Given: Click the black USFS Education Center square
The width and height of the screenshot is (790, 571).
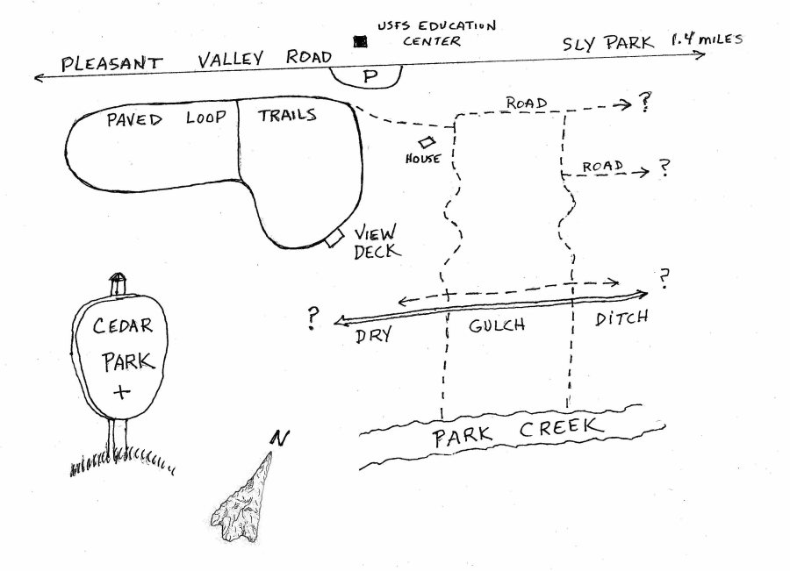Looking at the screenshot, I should pos(358,41).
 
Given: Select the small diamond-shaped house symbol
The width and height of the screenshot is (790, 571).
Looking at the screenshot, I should pos(427,142).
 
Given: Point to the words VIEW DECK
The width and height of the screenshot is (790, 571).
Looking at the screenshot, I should pos(376,241).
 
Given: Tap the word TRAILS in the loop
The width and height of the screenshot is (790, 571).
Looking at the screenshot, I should pos(288,115).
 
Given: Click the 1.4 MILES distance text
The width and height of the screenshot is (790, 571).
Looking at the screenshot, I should pos(706,39).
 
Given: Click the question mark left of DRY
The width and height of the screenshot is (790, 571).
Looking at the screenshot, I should pos(312,319).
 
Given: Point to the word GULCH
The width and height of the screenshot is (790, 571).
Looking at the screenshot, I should pos(496,325).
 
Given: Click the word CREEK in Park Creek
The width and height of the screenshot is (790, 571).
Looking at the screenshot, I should pos(562,429).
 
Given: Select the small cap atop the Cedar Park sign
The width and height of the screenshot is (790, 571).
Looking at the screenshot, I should pos(118,283).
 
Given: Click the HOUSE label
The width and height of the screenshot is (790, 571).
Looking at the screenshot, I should pos(422,159).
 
